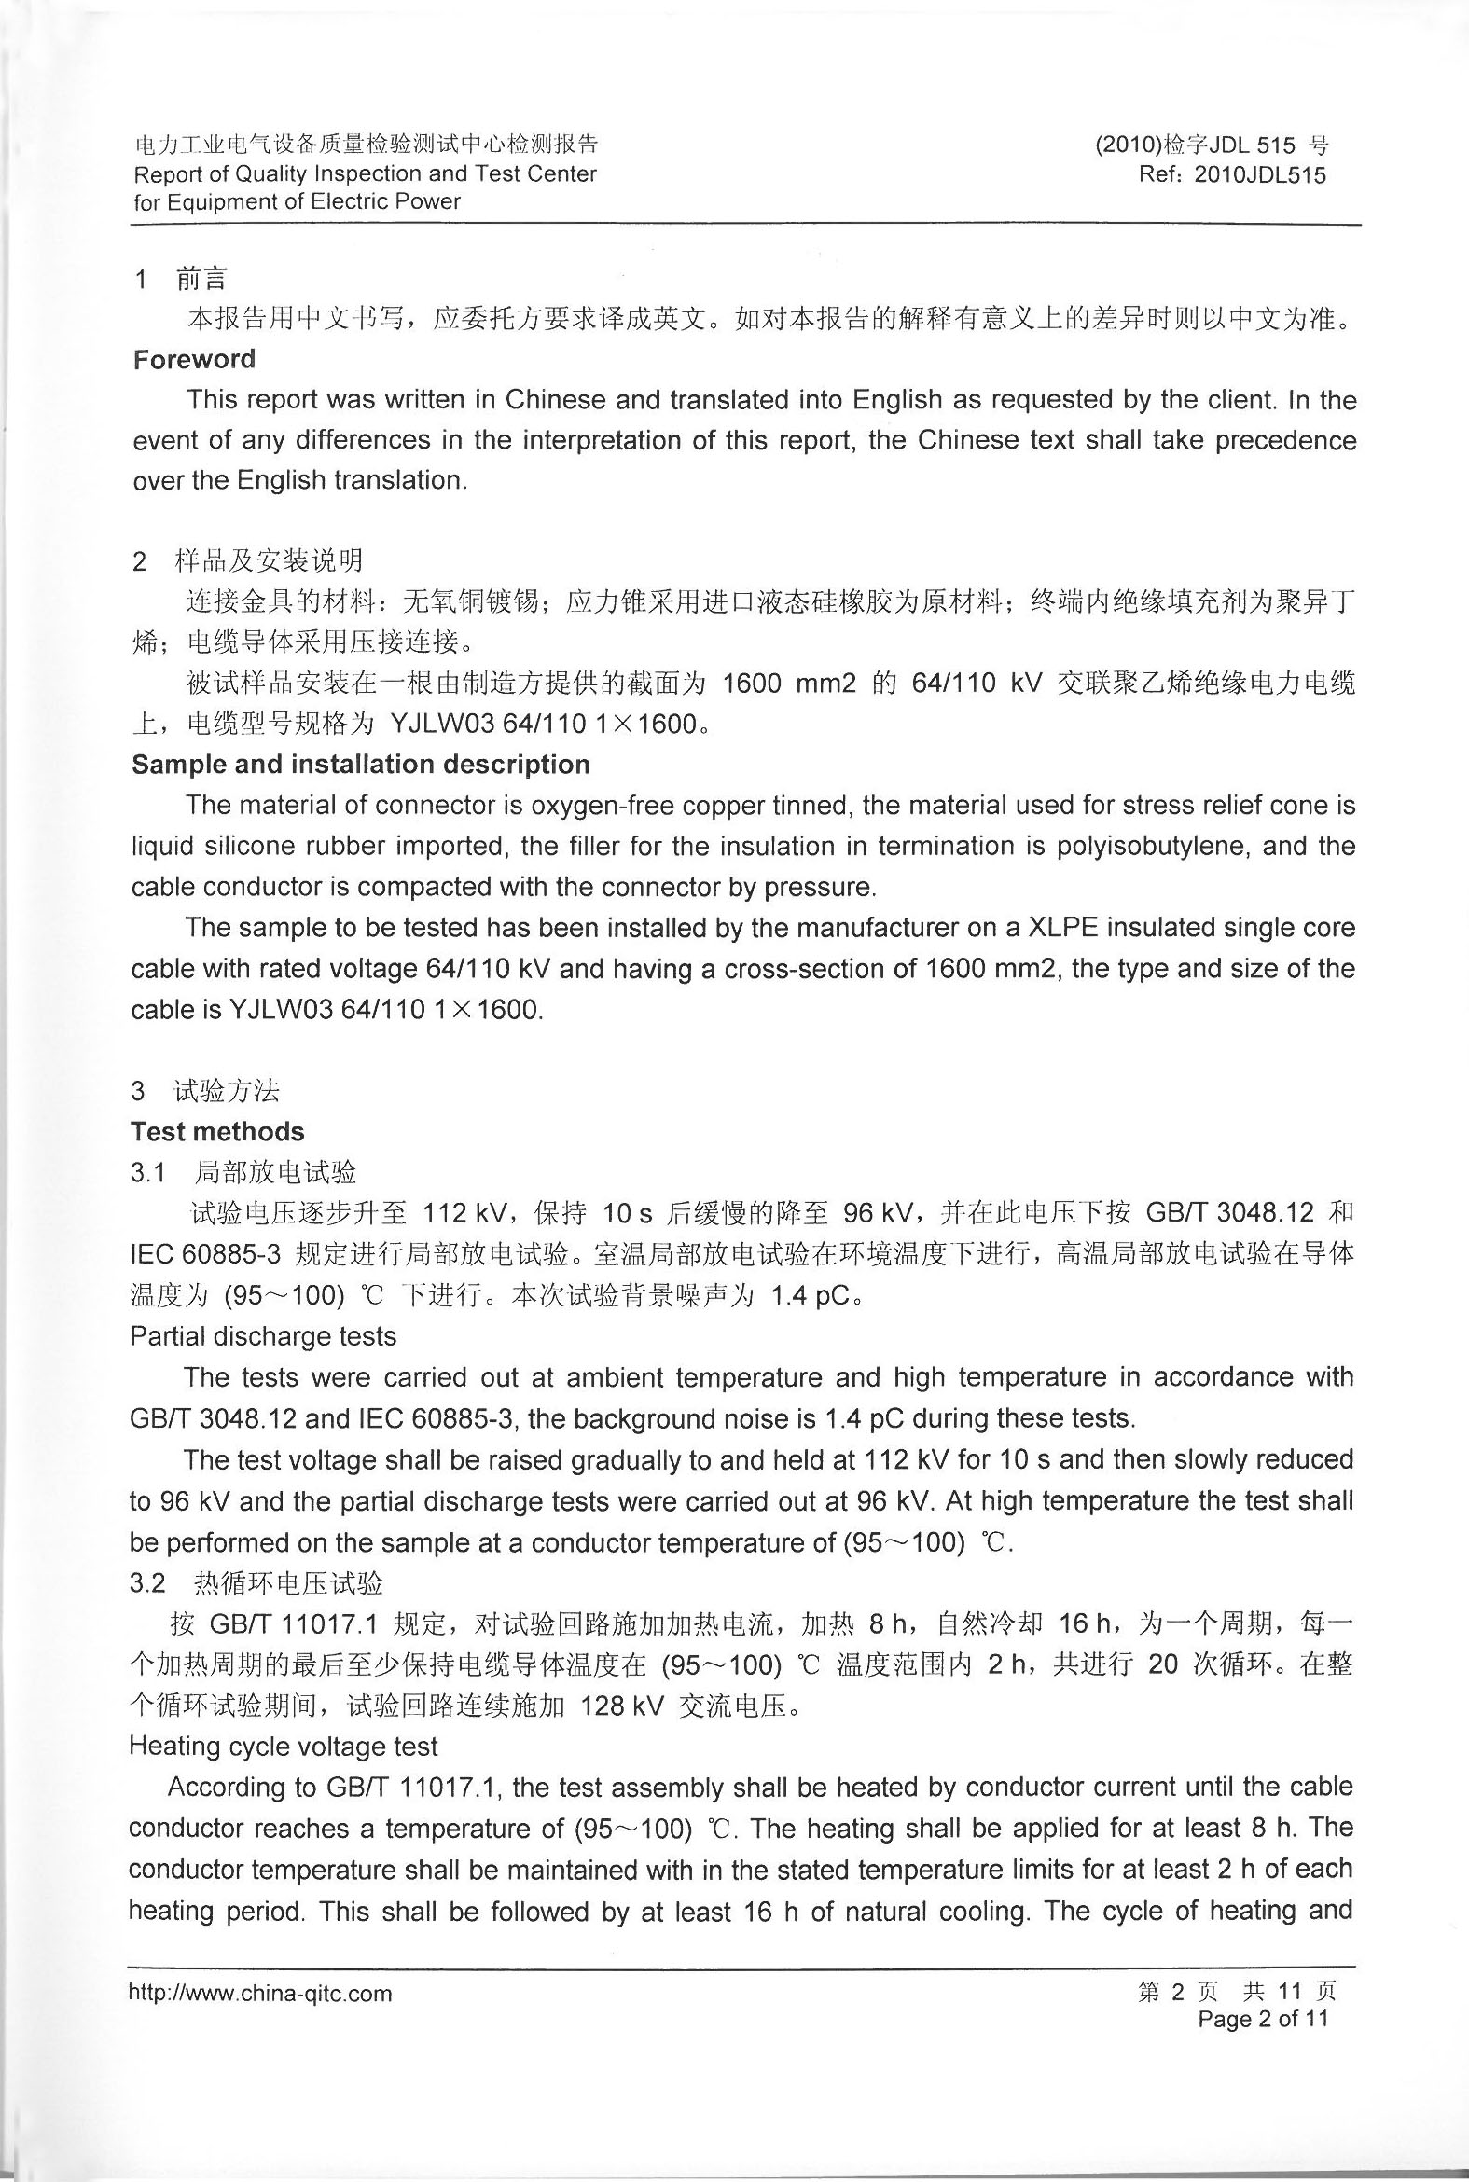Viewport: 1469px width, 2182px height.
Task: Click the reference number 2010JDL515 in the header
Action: coord(1260,175)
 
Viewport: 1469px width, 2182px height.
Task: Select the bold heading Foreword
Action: coord(194,360)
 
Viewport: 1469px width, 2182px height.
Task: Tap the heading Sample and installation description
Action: coord(361,765)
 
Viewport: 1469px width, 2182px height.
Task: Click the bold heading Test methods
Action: coord(217,1131)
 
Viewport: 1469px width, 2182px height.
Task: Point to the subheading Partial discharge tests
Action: coord(263,1336)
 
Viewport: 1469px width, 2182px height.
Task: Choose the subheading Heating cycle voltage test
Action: coord(283,1747)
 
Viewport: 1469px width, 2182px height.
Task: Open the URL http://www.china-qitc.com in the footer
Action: coord(259,1994)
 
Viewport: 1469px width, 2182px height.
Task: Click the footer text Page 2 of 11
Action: coord(1263,2019)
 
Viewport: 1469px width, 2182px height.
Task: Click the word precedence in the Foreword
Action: coord(1285,440)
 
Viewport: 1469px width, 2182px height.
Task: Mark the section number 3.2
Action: coord(147,1583)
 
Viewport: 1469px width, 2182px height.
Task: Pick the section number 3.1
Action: coord(147,1172)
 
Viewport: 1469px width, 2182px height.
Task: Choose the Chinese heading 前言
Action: coord(201,278)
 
